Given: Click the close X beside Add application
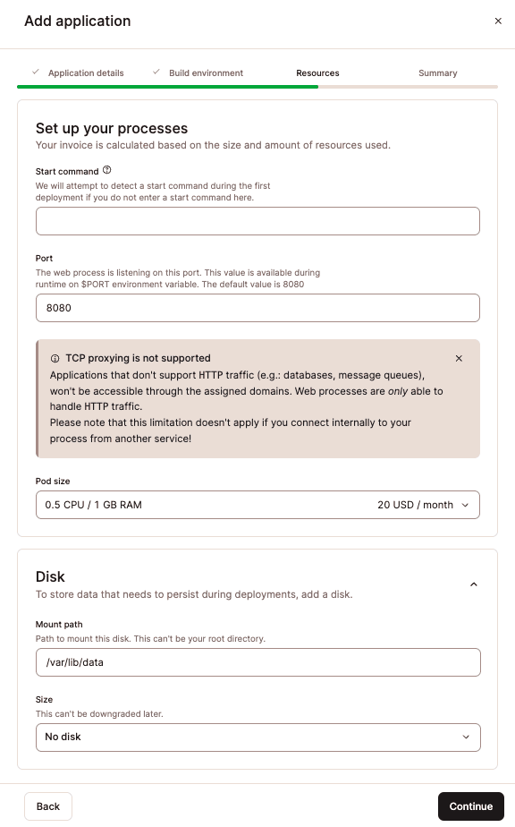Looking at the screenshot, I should pos(498,21).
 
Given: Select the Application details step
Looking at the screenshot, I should pos(86,73).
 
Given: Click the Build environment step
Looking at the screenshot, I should pos(206,73).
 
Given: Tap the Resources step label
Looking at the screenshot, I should pos(317,73).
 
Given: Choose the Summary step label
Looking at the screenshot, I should pos(437,73).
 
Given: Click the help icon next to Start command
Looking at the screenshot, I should pos(107,170).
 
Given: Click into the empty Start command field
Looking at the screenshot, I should pos(257,221).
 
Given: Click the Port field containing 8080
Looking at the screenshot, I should pos(257,308).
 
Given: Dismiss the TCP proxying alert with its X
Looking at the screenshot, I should pos(459,358).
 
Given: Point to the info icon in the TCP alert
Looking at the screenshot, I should pos(55,358).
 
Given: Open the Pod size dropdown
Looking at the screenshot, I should pos(257,505).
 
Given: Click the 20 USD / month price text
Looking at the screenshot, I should pos(415,505).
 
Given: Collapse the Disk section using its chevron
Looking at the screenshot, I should pos(474,584).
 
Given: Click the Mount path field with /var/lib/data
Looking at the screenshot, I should pos(257,662).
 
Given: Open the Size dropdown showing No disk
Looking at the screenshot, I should pos(257,737).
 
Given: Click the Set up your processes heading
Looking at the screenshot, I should pos(112,128).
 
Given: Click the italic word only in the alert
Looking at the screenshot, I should pos(398,392).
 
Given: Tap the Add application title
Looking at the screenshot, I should pos(78,21).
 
